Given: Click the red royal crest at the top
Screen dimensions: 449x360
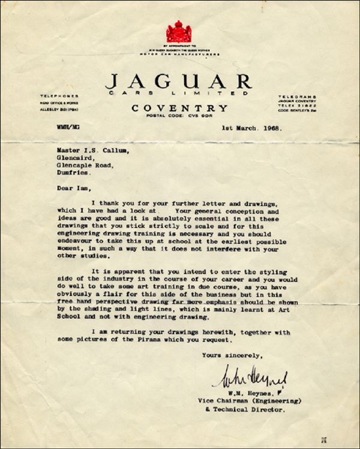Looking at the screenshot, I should [x=178, y=31].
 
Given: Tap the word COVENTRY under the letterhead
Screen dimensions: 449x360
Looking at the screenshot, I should [x=180, y=108].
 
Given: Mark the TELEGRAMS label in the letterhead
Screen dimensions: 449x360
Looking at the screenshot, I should [x=298, y=95].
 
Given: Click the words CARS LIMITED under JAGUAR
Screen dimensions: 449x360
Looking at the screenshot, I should [x=179, y=95].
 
